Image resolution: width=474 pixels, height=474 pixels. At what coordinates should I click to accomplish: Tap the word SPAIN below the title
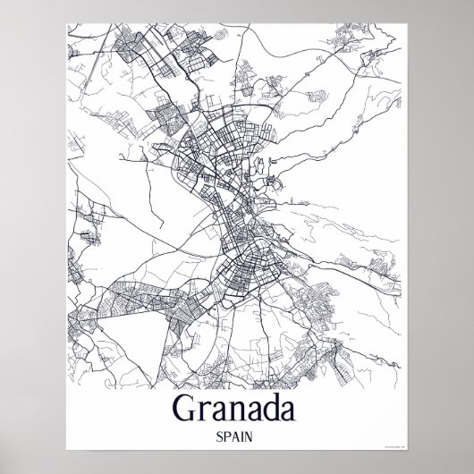(x=237, y=440)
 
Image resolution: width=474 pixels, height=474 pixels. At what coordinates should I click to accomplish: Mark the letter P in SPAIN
(x=228, y=440)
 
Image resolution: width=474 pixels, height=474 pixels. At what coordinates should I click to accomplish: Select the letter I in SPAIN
(x=245, y=440)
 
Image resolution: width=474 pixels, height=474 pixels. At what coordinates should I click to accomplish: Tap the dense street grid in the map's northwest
(x=125, y=54)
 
